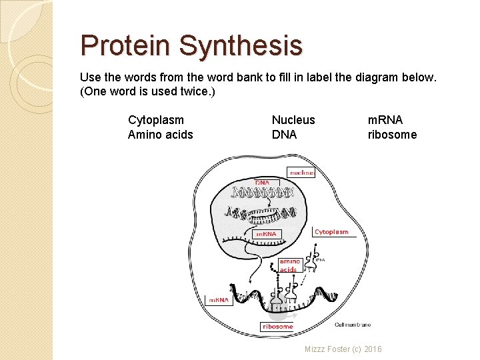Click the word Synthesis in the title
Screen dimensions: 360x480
(241, 46)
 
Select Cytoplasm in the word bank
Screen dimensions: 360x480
(156, 120)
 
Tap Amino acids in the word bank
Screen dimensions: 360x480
(161, 135)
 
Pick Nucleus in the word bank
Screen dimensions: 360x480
(293, 120)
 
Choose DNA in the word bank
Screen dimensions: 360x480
(284, 135)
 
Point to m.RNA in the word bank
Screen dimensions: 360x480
(385, 120)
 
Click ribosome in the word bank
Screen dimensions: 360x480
(392, 135)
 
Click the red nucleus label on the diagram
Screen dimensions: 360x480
(301, 172)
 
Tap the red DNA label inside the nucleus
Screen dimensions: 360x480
(263, 183)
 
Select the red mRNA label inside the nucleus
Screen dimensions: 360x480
(267, 234)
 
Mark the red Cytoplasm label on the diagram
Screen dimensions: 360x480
(331, 232)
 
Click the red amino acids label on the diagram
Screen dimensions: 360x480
(289, 265)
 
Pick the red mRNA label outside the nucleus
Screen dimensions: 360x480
(219, 300)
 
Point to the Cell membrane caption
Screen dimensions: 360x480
(353, 325)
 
